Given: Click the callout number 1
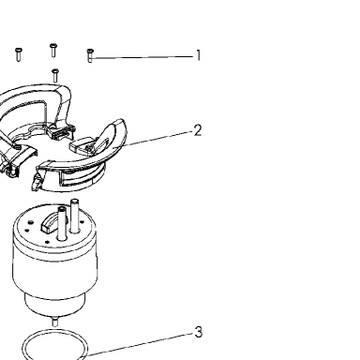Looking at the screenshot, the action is point(198,55).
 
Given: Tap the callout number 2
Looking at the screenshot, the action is point(198,130).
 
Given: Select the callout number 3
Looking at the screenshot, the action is point(199,332).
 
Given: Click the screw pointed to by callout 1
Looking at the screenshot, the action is point(90,55).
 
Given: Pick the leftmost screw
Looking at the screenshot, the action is point(19,54).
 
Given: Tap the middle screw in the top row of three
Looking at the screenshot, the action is point(53,50).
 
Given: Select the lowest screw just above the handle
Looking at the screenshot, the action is point(55,75).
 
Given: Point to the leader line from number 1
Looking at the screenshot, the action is point(142,57).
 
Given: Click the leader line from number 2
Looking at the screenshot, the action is point(153,139).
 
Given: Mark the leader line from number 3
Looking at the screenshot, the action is point(140,344).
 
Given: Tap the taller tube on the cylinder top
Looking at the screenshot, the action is point(75,216).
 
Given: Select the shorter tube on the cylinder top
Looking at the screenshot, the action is point(62,223).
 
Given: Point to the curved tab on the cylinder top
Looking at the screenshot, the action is point(50,223).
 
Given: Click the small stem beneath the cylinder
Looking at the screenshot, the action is point(54,322).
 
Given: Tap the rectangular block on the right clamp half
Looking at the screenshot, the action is point(82,146).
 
